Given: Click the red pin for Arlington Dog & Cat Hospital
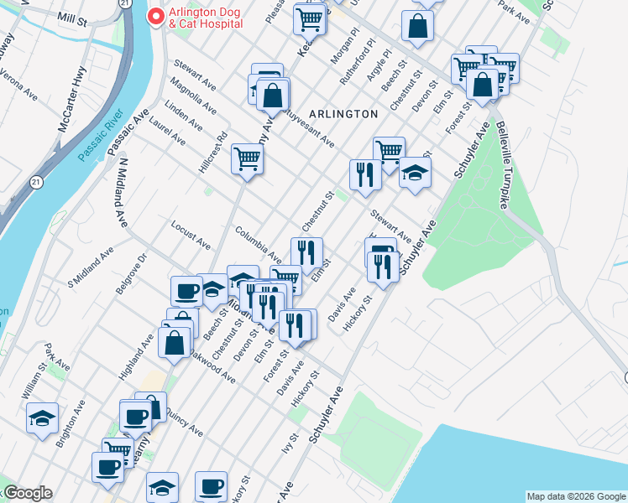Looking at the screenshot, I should (155, 17).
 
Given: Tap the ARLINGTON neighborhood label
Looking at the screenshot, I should (343, 113).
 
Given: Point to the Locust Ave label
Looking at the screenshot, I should (191, 236).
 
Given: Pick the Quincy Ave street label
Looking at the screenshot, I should (184, 422).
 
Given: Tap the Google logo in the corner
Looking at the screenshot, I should (27, 493).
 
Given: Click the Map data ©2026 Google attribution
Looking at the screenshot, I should (575, 496).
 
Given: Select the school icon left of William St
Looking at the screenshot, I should (41, 419).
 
